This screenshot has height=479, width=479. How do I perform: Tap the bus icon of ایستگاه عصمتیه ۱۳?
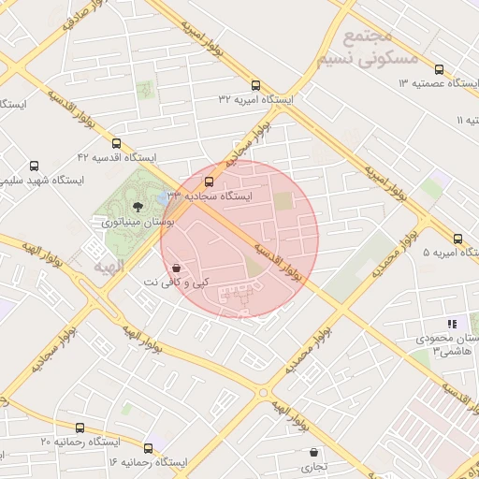point(439,68)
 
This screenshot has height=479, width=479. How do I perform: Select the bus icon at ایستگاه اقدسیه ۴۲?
point(116,143)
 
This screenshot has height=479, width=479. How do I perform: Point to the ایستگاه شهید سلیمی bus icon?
point(35,165)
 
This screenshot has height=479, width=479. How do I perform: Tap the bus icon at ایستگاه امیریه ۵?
point(457,239)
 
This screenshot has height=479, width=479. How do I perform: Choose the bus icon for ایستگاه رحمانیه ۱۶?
point(148,448)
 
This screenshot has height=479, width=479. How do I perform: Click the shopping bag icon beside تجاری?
point(312,452)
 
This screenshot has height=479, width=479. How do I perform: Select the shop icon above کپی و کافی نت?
point(177,268)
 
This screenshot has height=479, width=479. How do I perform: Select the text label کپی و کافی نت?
point(176,282)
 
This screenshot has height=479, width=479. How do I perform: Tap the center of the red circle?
point(239,239)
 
